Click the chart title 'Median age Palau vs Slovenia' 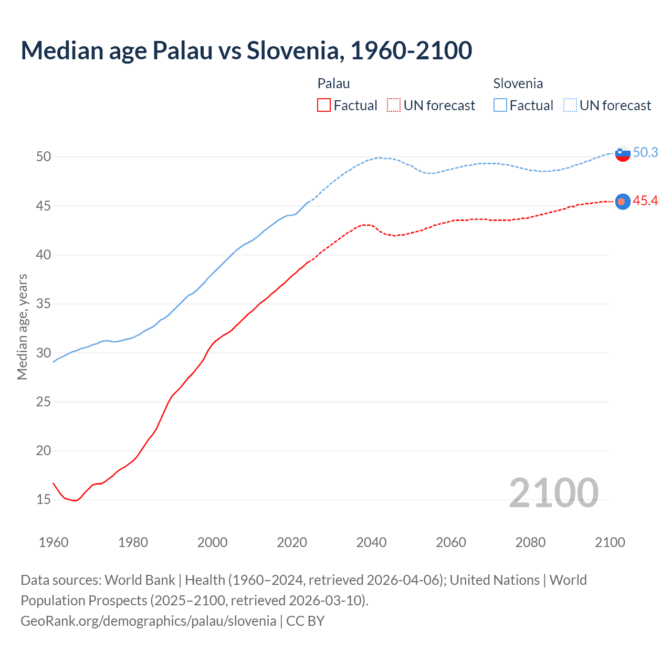click(x=246, y=50)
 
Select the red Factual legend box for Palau click(x=324, y=106)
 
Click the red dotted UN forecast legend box click(x=394, y=106)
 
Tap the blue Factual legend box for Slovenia click(x=500, y=106)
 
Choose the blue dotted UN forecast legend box click(x=570, y=106)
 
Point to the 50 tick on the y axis click(x=44, y=156)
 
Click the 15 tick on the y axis click(x=44, y=499)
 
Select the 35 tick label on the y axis click(x=44, y=303)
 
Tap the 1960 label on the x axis click(x=54, y=542)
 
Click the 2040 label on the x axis click(x=371, y=542)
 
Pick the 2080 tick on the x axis click(x=530, y=542)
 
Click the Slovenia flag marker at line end click(x=623, y=154)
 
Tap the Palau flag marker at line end click(x=623, y=202)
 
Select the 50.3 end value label click(x=645, y=152)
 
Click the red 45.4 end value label click(x=645, y=201)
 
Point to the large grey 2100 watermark click(x=554, y=492)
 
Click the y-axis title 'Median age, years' click(x=22, y=327)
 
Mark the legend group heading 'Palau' click(x=333, y=83)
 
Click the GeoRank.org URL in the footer click(x=148, y=621)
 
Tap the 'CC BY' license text click(x=306, y=621)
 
